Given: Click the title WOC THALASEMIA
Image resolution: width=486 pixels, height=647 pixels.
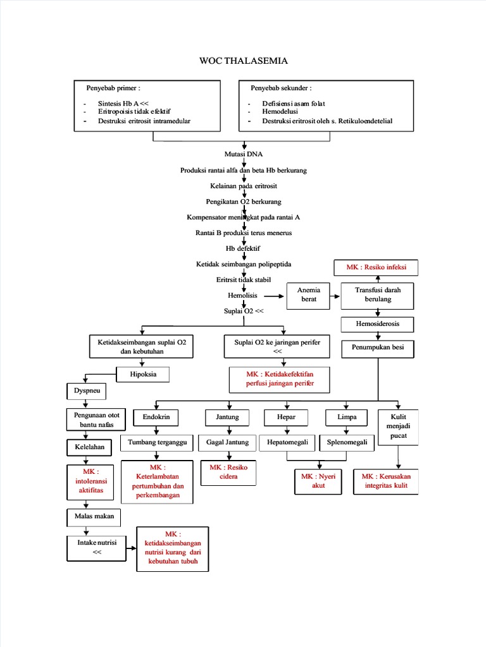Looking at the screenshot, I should pos(244,61).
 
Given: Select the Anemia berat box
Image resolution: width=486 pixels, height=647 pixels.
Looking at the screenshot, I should pos(308,294).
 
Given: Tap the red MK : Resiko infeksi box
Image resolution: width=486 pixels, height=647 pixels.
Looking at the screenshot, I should pos(377,268).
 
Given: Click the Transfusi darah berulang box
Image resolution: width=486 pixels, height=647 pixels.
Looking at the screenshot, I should pos(378,294).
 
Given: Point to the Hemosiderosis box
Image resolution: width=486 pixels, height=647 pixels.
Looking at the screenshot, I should pos(378,325).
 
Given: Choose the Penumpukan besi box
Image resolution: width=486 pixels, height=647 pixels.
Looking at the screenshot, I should pos(378,347).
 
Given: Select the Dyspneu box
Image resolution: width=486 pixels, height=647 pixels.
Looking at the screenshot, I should pos(86,392).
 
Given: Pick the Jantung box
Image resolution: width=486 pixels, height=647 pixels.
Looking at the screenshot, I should pos(227,418).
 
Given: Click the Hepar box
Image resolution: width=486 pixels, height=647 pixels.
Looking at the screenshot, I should pos(286,418).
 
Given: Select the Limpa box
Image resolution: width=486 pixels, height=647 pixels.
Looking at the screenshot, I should pos(347,418).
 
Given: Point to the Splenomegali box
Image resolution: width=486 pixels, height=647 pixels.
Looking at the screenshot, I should pos(347,442).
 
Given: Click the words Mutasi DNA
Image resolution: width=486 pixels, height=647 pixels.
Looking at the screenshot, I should pos(243,154).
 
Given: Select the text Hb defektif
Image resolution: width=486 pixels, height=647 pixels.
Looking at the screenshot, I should pos(243,248).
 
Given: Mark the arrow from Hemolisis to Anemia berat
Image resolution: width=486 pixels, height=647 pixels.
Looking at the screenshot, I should pos(273,296).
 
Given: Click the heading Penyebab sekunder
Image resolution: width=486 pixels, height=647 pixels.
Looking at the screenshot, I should pos(281,88).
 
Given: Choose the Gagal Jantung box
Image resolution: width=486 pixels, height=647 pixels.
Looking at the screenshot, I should pos(227,442).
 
